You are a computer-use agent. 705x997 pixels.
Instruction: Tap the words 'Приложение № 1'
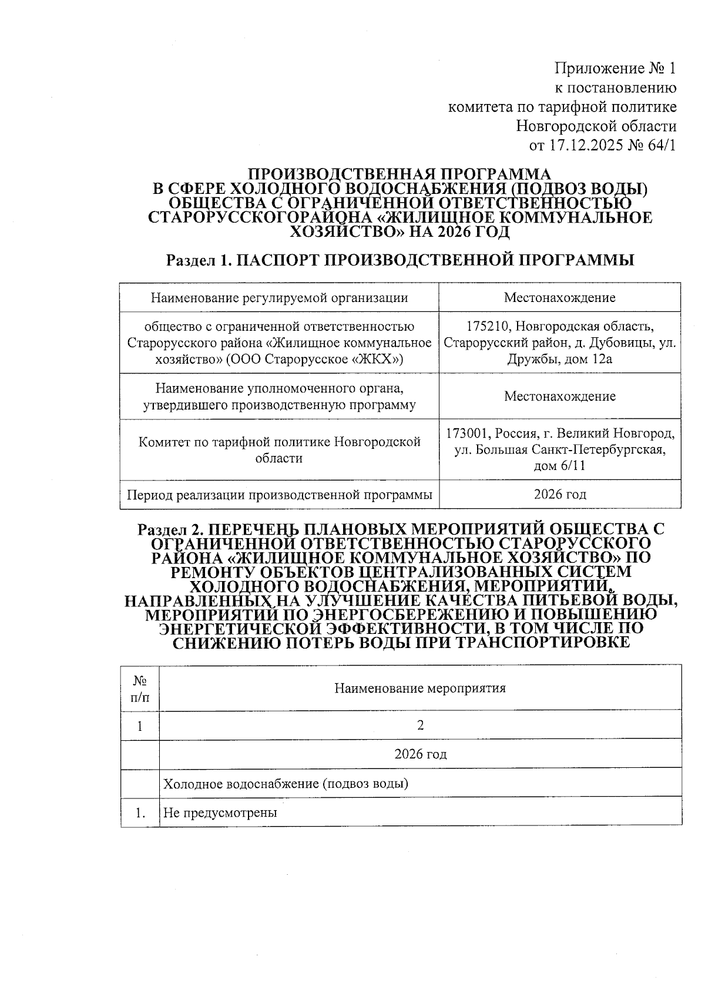(x=616, y=69)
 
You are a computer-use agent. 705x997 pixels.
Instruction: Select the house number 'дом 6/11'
(x=559, y=466)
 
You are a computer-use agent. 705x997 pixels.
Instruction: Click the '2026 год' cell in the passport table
(x=559, y=494)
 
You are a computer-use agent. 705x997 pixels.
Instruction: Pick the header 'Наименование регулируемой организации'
(x=279, y=297)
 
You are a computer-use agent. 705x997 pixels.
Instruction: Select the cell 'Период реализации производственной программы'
(x=280, y=495)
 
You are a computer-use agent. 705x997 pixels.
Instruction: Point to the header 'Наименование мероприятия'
(x=420, y=688)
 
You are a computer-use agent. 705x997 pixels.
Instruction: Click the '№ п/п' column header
(x=140, y=688)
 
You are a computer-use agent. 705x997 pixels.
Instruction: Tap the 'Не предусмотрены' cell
(x=220, y=813)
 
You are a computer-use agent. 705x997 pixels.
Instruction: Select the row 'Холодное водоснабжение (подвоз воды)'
(x=286, y=784)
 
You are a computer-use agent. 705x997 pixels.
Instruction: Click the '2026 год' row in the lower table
(x=420, y=754)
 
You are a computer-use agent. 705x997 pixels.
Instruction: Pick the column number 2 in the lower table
(x=420, y=726)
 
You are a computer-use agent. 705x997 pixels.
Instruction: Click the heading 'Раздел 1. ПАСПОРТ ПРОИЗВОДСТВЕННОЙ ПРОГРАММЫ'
(x=400, y=260)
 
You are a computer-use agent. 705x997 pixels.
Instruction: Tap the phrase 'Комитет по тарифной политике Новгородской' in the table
(x=280, y=442)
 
